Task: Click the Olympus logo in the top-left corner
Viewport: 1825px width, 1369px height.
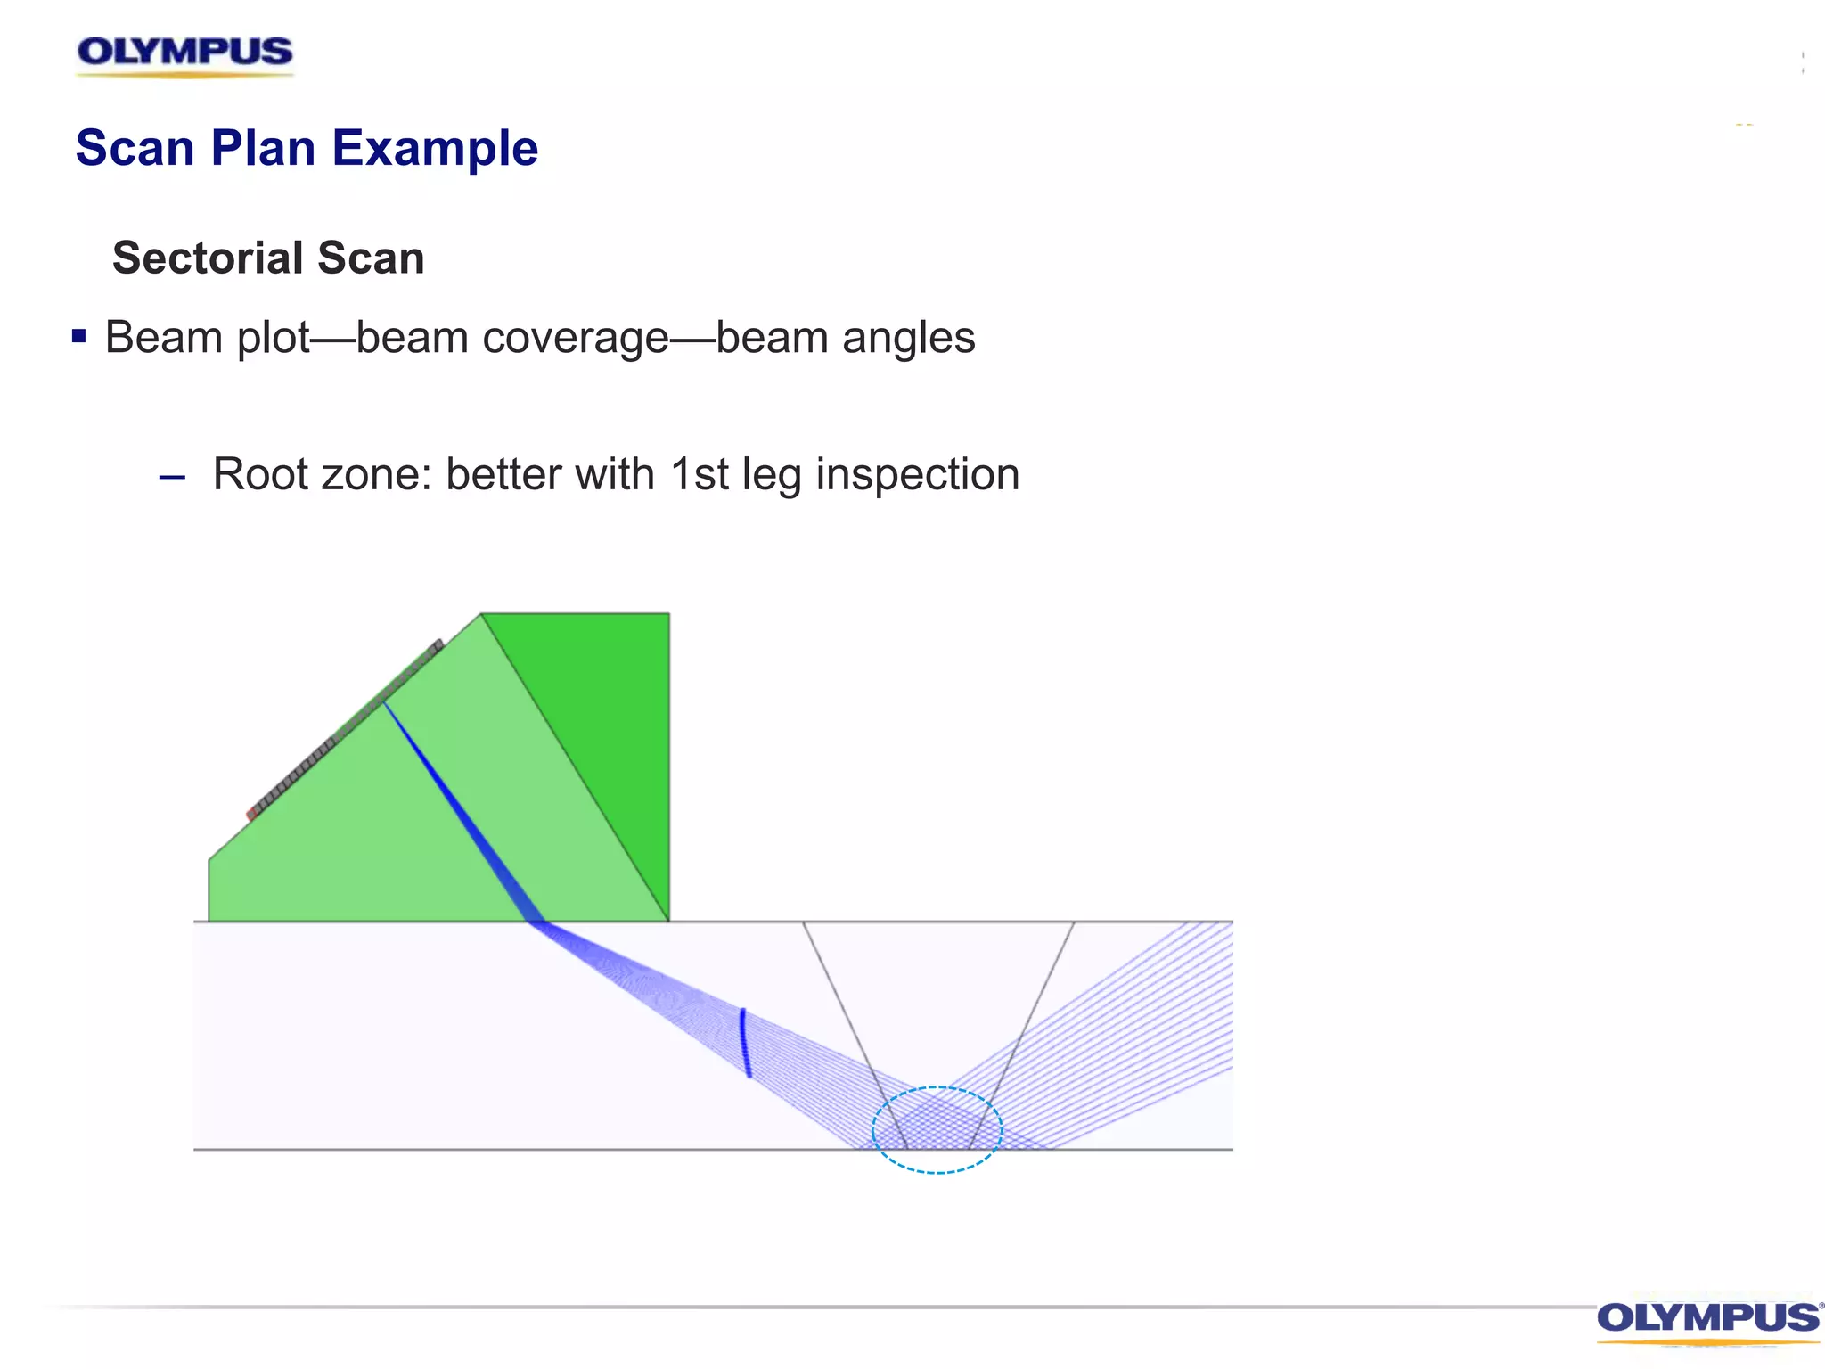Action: click(184, 53)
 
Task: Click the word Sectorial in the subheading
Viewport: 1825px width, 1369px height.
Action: click(209, 258)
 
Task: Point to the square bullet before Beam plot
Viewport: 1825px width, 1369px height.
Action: click(79, 336)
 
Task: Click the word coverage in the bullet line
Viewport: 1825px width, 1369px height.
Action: click(557, 339)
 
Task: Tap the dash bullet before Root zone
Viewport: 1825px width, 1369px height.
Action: click(172, 478)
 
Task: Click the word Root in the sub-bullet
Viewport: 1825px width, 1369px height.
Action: click(260, 474)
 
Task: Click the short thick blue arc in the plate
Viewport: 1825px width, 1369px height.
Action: click(744, 1043)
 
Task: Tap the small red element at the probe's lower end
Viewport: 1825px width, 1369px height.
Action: click(251, 815)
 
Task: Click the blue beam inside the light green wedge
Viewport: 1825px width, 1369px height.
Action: click(459, 811)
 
